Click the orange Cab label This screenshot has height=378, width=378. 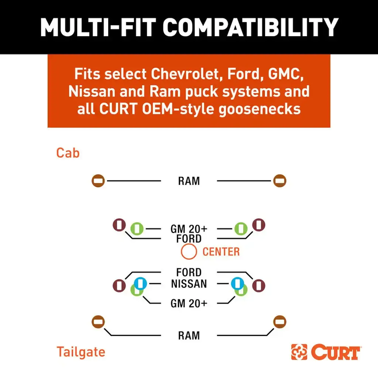[68, 153]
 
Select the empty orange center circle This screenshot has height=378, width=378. [188, 251]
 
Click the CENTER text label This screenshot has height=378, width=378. [221, 252]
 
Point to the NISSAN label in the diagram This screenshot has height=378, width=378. [188, 284]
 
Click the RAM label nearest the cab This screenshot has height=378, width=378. [188, 181]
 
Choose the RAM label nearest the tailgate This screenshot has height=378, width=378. [188, 335]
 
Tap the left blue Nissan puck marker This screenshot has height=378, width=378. [139, 283]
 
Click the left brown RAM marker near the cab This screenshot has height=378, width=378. [98, 181]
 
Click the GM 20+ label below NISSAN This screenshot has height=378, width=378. [188, 303]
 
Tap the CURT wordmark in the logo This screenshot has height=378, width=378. [336, 352]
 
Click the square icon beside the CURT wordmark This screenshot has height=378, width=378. [300, 352]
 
